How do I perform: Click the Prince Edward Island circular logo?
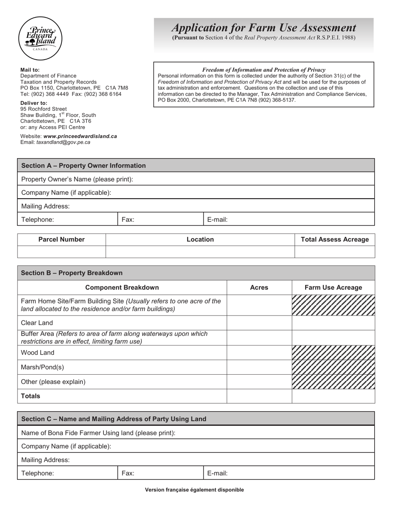tap(40, 38)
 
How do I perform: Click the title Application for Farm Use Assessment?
tap(264, 28)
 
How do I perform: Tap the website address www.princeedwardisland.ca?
tap(80, 136)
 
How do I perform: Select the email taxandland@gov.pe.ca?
tap(63, 142)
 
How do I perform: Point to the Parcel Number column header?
tap(62, 239)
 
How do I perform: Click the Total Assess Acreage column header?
tap(334, 239)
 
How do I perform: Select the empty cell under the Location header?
tap(200, 252)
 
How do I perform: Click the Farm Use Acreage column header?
tap(333, 288)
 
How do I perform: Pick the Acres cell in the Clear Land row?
tap(259, 323)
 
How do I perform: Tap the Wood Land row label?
tap(38, 353)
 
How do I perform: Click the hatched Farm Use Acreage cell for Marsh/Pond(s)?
tap(333, 367)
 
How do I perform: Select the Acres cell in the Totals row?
tap(259, 396)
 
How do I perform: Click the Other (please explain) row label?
tap(53, 382)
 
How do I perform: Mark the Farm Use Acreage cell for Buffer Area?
tap(333, 338)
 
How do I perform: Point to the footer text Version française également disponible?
tap(194, 490)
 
